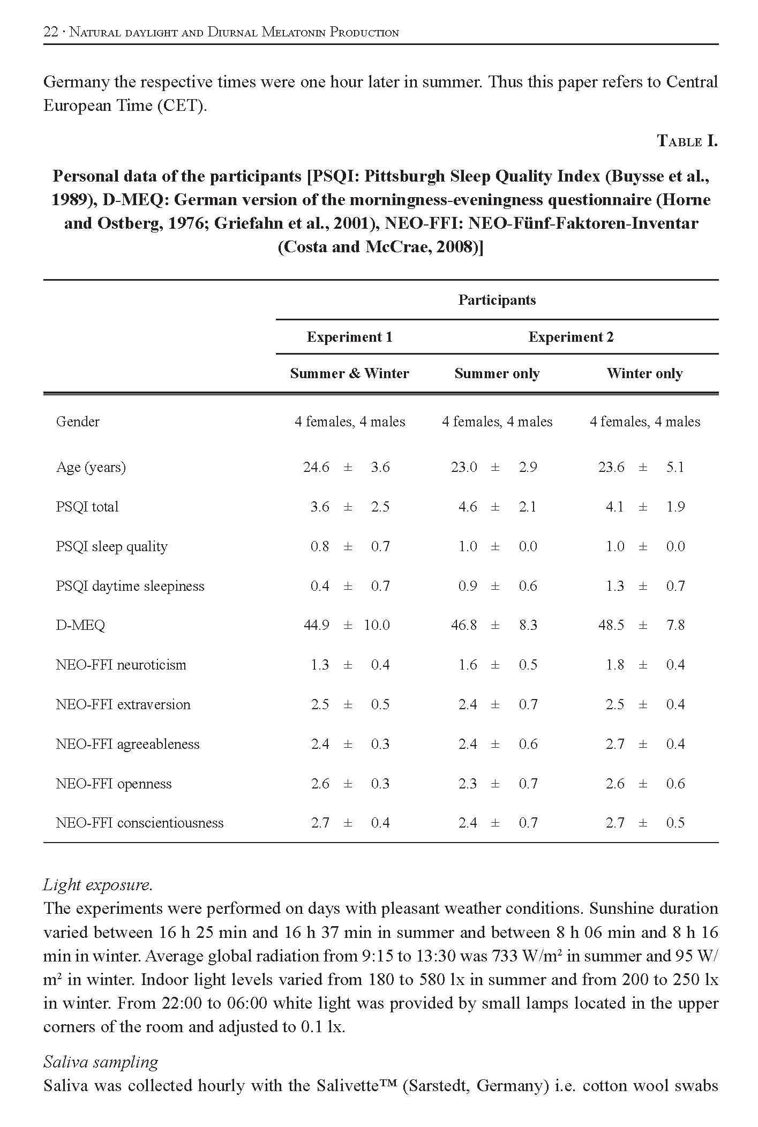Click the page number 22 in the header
point(50,32)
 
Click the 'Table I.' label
point(687,141)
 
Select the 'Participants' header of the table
point(497,300)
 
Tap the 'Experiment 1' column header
point(349,337)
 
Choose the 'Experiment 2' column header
point(571,337)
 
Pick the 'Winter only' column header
point(644,373)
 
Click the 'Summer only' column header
point(497,373)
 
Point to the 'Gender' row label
point(78,422)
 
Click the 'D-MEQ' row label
point(80,625)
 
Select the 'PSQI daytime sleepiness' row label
point(130,586)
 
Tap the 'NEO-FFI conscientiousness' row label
point(139,823)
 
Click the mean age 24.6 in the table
point(316,467)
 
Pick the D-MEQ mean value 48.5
point(611,625)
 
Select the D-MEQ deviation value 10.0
point(377,625)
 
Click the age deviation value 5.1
point(675,467)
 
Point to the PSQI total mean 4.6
point(467,507)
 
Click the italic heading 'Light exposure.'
point(98,884)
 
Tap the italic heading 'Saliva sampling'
point(101,1062)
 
